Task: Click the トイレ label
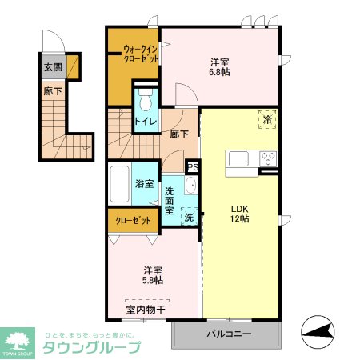(145, 122)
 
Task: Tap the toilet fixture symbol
(145, 100)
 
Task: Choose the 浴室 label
(145, 184)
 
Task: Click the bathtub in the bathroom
(119, 186)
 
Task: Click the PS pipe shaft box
(192, 167)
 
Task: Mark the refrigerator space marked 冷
(266, 118)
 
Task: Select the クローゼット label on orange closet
(133, 221)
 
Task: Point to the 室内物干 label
(144, 308)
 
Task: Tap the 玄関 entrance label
(53, 67)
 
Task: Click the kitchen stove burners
(266, 158)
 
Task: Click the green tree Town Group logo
(18, 338)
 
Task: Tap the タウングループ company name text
(90, 347)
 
